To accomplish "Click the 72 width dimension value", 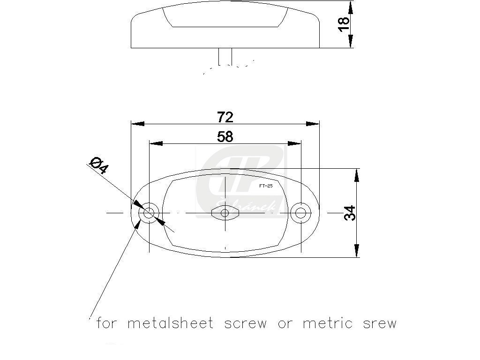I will click(x=225, y=116).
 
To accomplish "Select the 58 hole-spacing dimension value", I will click(x=225, y=136).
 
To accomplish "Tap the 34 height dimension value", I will click(x=350, y=213).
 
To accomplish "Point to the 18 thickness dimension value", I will click(x=344, y=24).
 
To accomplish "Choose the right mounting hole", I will click(x=300, y=213).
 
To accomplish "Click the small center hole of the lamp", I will click(x=225, y=213).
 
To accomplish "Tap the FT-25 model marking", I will click(x=265, y=186).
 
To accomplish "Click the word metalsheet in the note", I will click(x=171, y=323).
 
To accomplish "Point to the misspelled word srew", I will click(x=380, y=324).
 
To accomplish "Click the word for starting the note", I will click(x=106, y=323).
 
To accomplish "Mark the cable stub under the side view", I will click(x=225, y=56).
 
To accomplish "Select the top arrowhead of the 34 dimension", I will click(x=357, y=175).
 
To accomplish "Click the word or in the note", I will click(x=285, y=324).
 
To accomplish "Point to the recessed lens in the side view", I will click(x=225, y=18).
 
